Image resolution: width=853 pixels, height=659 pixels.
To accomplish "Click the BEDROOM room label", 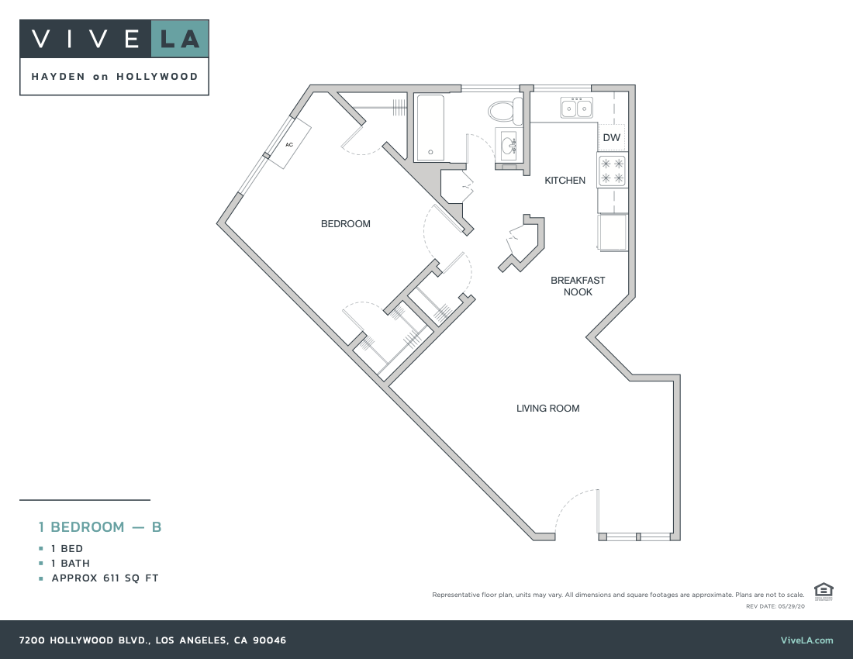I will [346, 224].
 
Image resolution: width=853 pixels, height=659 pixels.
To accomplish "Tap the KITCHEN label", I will [565, 181].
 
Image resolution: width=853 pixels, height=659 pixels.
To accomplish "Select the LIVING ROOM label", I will [547, 409].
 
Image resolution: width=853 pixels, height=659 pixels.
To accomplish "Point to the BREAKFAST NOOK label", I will [578, 286].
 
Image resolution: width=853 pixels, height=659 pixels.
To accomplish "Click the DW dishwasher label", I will [611, 138].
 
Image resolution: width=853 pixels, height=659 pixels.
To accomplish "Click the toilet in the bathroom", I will [506, 111].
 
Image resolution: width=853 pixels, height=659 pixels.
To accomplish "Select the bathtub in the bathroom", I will [429, 127].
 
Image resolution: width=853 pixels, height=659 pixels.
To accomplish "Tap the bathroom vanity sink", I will [509, 144].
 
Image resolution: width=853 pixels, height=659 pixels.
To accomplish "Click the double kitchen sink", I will [576, 108].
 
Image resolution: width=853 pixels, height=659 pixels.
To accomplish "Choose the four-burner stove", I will [612, 171].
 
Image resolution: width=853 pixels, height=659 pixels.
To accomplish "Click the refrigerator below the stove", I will [612, 232].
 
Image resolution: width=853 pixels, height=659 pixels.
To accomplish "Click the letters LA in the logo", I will [179, 39].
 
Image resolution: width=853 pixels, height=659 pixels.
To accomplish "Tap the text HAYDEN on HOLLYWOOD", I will [114, 77].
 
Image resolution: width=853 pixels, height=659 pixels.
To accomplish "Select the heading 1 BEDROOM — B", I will [100, 527].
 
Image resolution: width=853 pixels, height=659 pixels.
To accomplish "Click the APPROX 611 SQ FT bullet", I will [105, 578].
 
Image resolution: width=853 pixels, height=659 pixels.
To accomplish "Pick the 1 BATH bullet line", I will [71, 564].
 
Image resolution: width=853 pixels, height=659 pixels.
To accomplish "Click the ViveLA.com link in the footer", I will [806, 640].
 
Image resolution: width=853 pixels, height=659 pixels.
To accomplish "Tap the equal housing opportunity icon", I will [824, 591].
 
